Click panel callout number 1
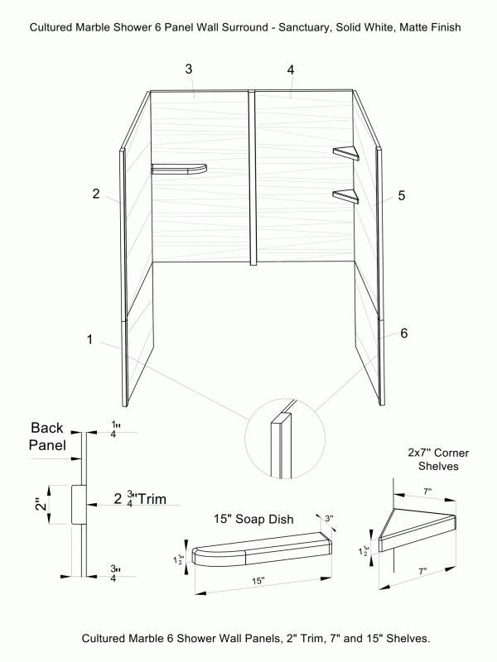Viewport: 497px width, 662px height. point(89,338)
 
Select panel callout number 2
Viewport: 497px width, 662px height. point(96,194)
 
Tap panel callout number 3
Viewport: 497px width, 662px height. point(189,70)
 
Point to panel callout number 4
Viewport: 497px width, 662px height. point(291,70)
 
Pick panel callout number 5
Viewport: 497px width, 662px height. point(401,196)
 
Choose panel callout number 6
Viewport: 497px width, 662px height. point(403,333)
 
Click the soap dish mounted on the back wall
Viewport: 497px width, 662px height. point(178,170)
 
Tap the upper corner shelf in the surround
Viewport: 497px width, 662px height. point(345,153)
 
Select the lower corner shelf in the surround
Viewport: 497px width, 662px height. point(345,196)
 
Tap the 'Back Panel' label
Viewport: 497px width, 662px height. point(53,436)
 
